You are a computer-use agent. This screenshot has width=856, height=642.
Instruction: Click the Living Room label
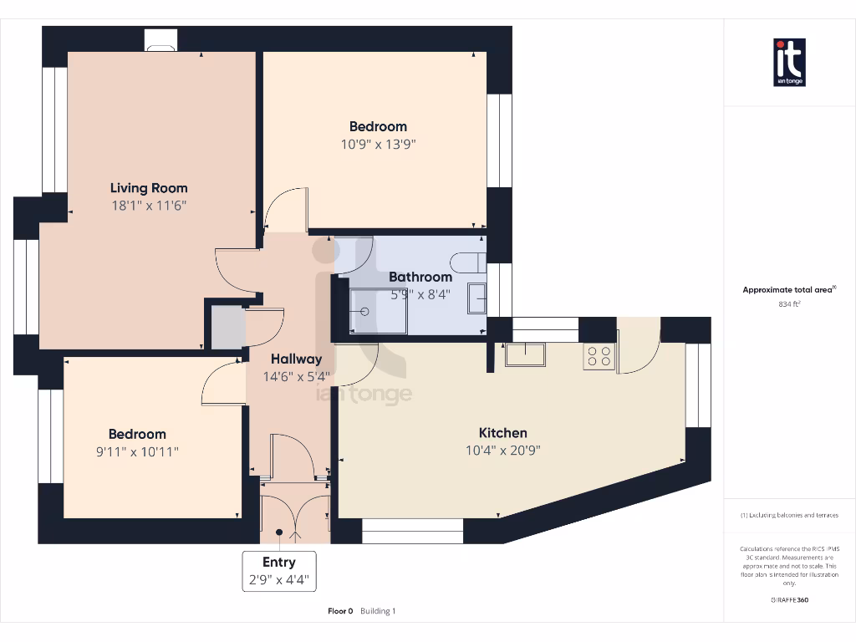(149, 188)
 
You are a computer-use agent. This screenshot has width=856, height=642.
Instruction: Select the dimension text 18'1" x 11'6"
(149, 206)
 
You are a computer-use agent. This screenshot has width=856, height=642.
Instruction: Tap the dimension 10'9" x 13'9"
(378, 144)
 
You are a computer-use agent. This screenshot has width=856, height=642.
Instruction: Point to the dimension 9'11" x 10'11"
(137, 451)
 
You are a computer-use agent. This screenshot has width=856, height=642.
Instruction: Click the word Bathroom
(420, 277)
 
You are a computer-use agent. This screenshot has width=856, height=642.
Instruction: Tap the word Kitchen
(502, 433)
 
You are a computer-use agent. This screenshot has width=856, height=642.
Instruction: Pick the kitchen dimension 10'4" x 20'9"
(502, 451)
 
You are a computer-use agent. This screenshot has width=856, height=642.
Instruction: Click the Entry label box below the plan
(279, 571)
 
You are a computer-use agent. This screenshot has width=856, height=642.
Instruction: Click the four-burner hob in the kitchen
(599, 356)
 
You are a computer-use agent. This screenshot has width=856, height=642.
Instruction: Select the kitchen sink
(525, 354)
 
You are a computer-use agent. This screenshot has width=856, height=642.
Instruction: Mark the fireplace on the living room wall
(160, 40)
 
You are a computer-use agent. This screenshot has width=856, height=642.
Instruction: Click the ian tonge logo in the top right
(789, 63)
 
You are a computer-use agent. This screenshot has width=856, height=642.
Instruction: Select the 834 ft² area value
(789, 304)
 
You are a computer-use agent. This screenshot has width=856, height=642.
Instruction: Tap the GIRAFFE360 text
(789, 599)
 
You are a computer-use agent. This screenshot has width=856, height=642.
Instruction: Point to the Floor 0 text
(340, 611)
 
